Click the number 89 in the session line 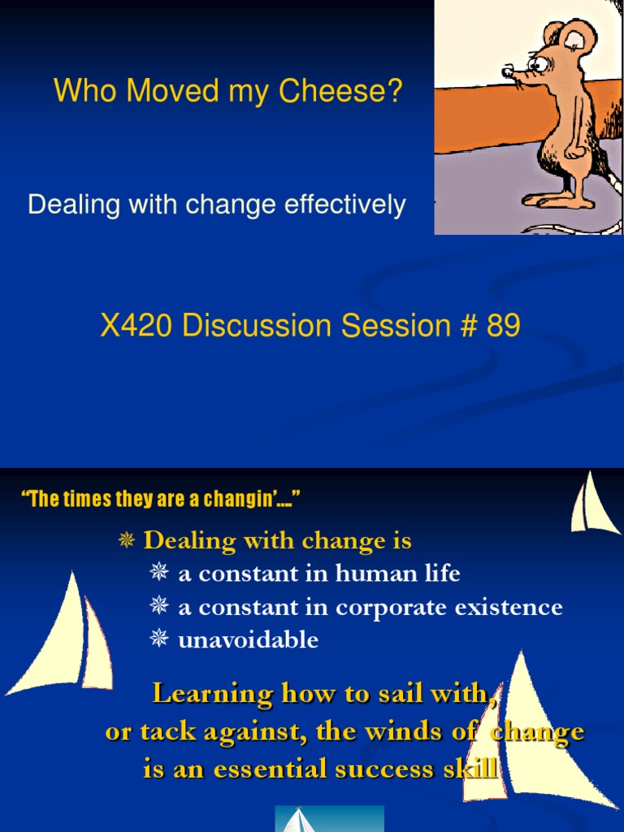pos(503,327)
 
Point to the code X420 pos(137,327)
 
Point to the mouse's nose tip pos(506,73)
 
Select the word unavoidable pos(248,640)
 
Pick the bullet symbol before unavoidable pos(159,640)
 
